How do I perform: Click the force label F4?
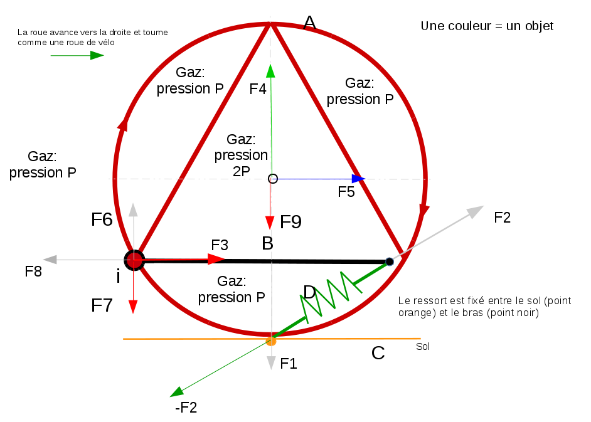coord(258,89)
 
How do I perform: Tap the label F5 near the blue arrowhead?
coord(346,193)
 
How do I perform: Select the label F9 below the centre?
coord(290,221)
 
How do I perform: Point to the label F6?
coord(102,219)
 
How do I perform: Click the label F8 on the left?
coord(33,272)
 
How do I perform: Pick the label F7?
coord(102,305)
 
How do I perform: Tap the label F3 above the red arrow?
coord(220,245)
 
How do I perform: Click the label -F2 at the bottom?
coord(186,408)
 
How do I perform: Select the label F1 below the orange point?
coord(289,363)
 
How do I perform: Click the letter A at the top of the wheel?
coord(309,23)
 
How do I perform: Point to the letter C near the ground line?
coord(378,353)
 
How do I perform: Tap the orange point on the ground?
coord(271,341)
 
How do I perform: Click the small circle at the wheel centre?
coord(273,179)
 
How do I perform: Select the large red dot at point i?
coord(134,260)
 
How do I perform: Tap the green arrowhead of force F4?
coord(270,70)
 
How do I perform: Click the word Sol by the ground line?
coord(423,346)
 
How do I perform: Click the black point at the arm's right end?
coord(390,261)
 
